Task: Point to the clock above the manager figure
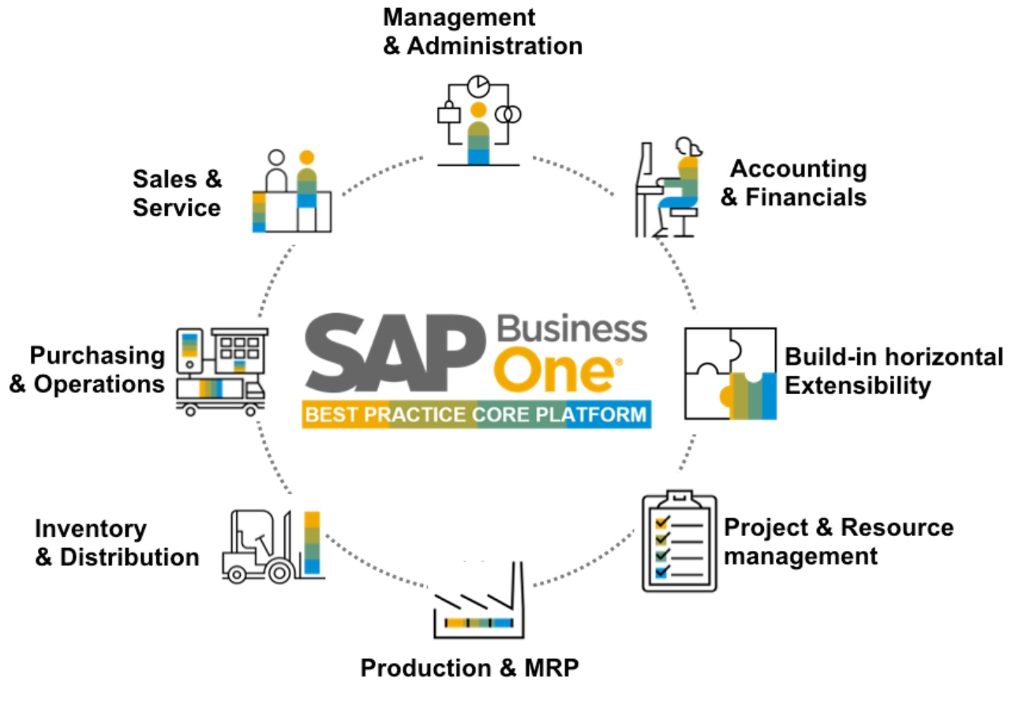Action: point(478,85)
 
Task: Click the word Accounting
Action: point(798,168)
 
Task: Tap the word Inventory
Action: point(91,528)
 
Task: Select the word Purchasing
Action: point(97,355)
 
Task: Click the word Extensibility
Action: point(858,386)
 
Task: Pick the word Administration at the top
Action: point(494,45)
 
